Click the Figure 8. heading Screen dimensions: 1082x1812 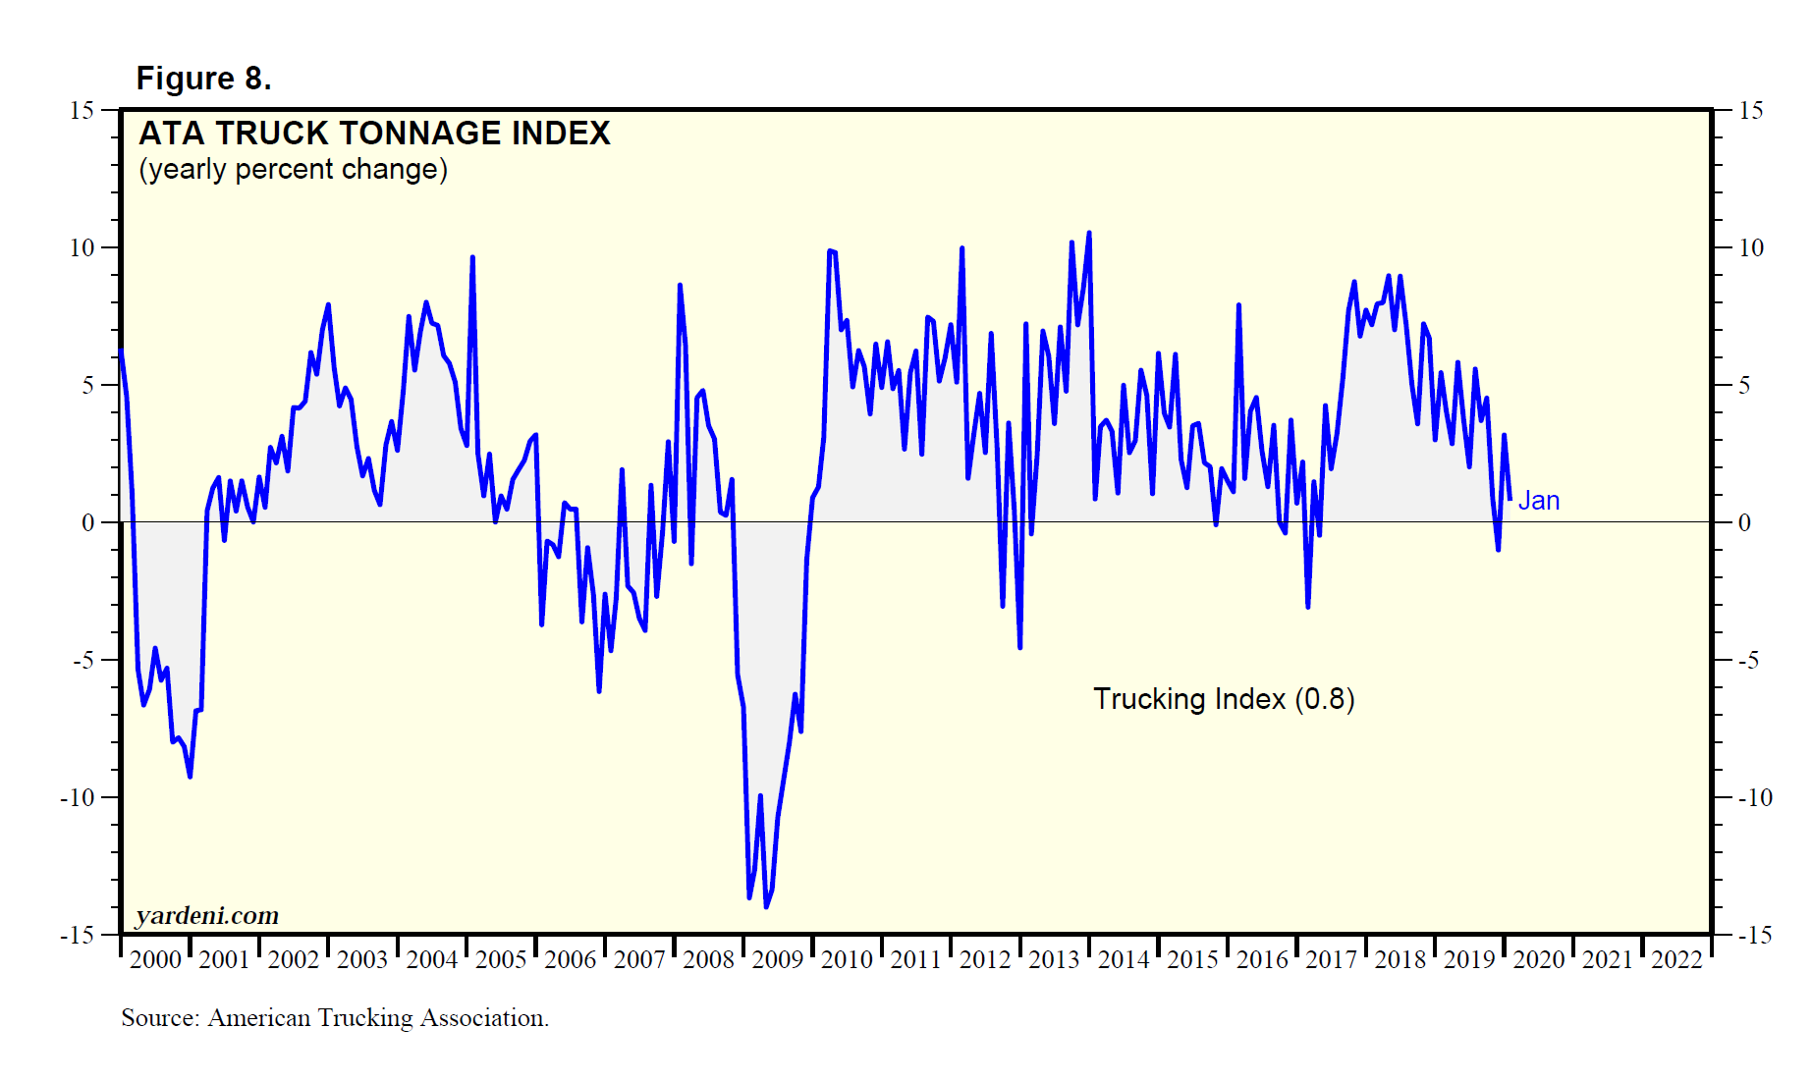[203, 79]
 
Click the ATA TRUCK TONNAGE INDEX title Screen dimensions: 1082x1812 [374, 134]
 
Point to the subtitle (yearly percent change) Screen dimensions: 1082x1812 [293, 170]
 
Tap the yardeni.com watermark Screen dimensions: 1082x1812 [207, 916]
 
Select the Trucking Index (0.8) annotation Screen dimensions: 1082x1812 [1224, 699]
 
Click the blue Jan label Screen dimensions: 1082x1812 [1539, 501]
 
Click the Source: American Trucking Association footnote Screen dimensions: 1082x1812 [335, 1018]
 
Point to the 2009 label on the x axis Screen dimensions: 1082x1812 [778, 960]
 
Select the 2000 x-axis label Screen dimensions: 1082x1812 [155, 960]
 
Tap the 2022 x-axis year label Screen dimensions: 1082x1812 [1676, 960]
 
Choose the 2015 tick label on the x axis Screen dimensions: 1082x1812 [1192, 960]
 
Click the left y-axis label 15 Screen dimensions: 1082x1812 [82, 111]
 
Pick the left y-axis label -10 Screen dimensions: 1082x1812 [78, 798]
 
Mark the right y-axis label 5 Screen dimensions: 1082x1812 [1744, 386]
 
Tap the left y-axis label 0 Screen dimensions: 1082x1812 [88, 523]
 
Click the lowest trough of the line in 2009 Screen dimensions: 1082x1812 [766, 906]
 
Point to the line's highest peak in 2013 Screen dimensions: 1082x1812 [1089, 233]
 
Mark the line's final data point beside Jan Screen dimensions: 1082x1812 [1510, 500]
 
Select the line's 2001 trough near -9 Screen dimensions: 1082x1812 [190, 777]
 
